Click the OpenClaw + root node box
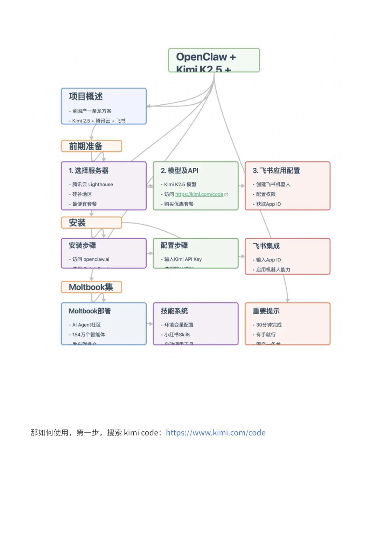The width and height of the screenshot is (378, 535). point(214,60)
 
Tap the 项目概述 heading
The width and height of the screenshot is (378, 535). point(86,96)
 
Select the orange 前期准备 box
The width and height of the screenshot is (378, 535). point(91,146)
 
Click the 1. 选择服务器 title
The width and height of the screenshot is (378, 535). point(89,171)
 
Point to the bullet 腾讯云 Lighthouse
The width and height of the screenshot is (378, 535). point(92,184)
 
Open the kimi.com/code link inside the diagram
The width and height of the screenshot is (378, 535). point(199,194)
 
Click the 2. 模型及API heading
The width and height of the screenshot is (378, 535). point(180,171)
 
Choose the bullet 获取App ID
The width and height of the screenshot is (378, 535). point(268,204)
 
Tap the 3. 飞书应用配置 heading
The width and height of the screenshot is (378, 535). point(276,171)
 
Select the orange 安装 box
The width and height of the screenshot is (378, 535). point(91,222)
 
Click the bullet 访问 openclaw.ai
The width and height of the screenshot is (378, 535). point(91,259)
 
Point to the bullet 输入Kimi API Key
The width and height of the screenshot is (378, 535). point(183,259)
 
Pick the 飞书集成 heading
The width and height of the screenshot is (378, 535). point(266,246)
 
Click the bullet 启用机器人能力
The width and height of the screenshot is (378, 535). point(273,269)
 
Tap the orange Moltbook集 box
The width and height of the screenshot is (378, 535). point(91,287)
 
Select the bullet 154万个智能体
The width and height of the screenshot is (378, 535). point(89,335)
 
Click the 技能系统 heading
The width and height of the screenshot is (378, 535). point(174,311)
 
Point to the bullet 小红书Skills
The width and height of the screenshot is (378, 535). point(177,335)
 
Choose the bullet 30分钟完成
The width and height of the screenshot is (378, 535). point(268,325)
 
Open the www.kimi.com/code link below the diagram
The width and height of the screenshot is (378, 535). point(216,433)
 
